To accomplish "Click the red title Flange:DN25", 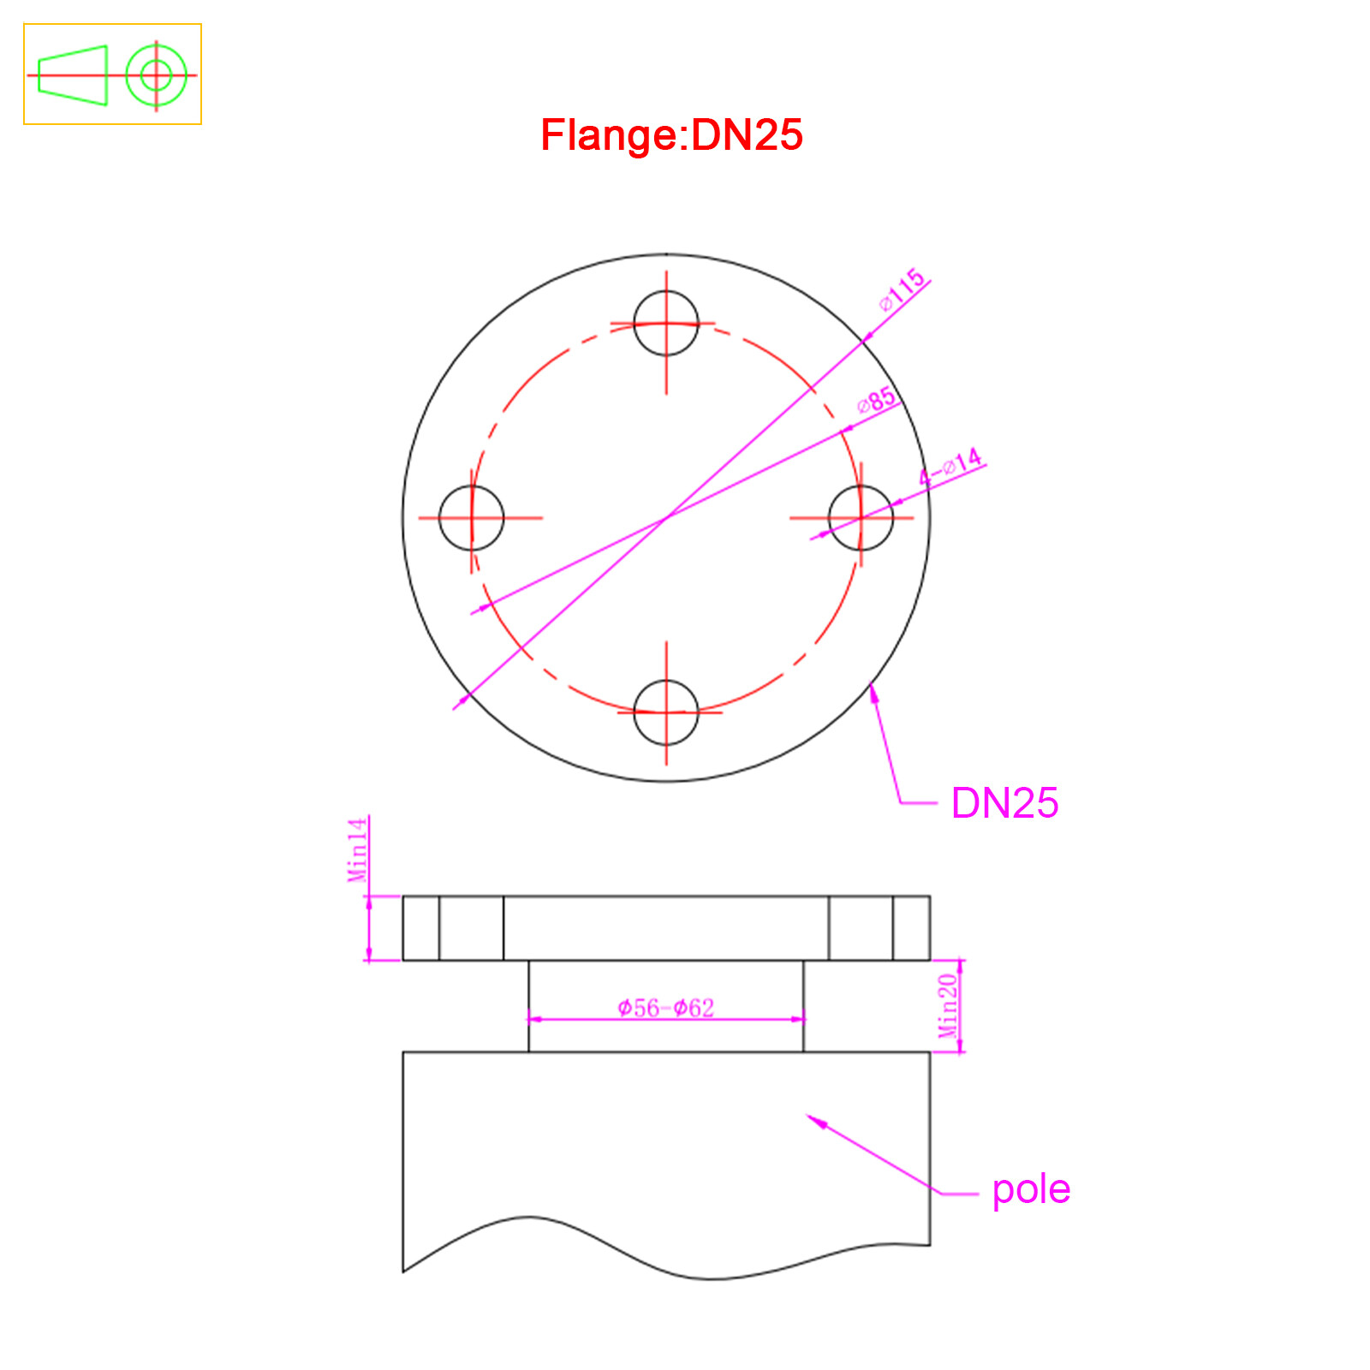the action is point(671,135).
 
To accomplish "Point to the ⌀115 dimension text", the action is point(902,289).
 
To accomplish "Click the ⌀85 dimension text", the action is point(878,399).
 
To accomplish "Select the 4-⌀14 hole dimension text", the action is point(950,467).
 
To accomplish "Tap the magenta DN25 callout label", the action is point(1004,803).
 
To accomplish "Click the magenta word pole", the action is point(1031,1190).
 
